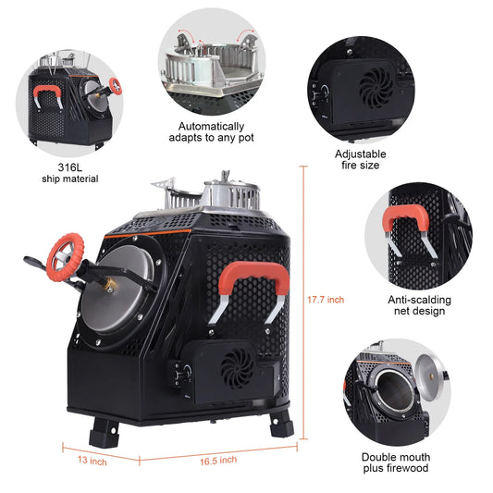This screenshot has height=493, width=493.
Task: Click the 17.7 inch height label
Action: [326, 300]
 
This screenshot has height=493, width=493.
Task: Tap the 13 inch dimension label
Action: [92, 461]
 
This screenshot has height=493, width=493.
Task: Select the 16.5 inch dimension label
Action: [218, 461]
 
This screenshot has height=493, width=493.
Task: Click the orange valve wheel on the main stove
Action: [65, 257]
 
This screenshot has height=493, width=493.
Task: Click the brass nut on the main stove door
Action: [110, 284]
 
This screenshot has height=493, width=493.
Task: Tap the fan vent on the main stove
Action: [237, 368]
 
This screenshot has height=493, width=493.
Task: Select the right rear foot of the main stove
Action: [282, 424]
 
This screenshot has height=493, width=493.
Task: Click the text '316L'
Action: [69, 167]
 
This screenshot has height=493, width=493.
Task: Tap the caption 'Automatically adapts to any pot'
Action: [211, 132]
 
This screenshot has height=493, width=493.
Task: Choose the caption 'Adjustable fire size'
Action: [361, 159]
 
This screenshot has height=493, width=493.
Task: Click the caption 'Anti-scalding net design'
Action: [419, 305]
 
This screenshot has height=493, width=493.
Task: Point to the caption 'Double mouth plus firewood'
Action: [396, 462]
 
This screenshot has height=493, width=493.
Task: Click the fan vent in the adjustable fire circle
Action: [376, 88]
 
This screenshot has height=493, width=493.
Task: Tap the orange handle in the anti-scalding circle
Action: [406, 217]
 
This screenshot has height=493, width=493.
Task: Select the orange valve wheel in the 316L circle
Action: [116, 86]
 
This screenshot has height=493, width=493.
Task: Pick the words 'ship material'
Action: [70, 179]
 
